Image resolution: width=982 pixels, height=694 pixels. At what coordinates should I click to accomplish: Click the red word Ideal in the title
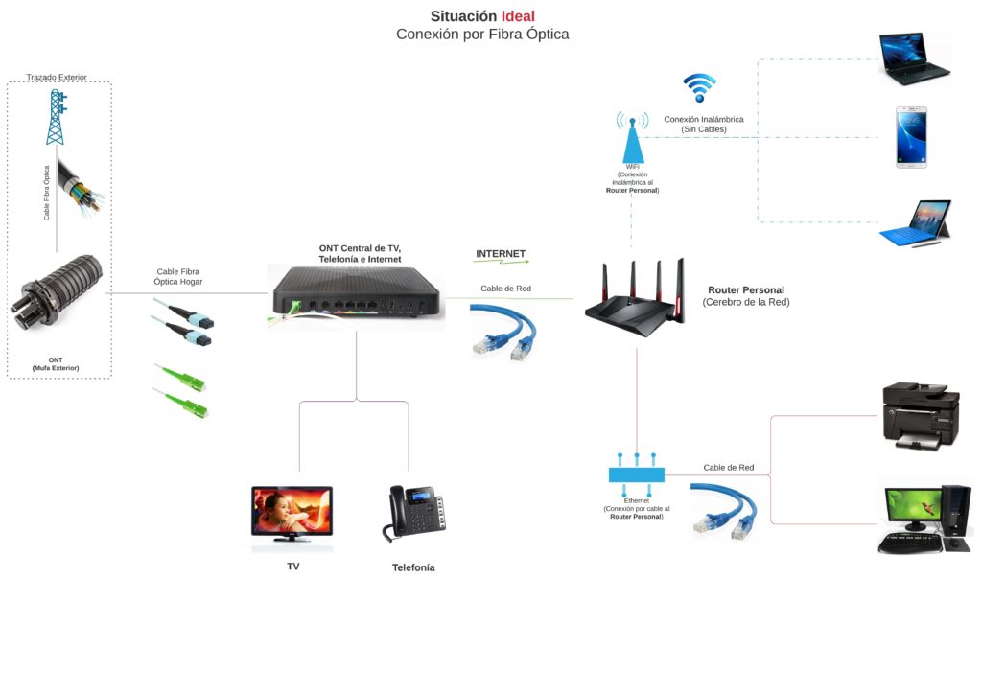click(518, 16)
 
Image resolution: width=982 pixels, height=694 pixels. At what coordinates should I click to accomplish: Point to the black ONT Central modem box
click(357, 292)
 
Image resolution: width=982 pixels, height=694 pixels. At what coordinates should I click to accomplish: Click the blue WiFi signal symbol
click(700, 88)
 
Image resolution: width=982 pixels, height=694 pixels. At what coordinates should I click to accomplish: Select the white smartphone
click(911, 137)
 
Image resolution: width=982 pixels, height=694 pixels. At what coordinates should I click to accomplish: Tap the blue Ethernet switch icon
click(637, 472)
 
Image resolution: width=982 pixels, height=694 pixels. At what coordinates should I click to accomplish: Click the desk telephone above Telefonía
click(415, 514)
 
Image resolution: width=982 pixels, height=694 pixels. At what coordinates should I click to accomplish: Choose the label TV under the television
click(292, 567)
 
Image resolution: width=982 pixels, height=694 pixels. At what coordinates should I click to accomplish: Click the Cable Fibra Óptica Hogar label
click(179, 276)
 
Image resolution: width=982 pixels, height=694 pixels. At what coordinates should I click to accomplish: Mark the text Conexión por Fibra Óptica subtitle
click(482, 35)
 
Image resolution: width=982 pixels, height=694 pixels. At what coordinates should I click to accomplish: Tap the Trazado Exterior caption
click(57, 76)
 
